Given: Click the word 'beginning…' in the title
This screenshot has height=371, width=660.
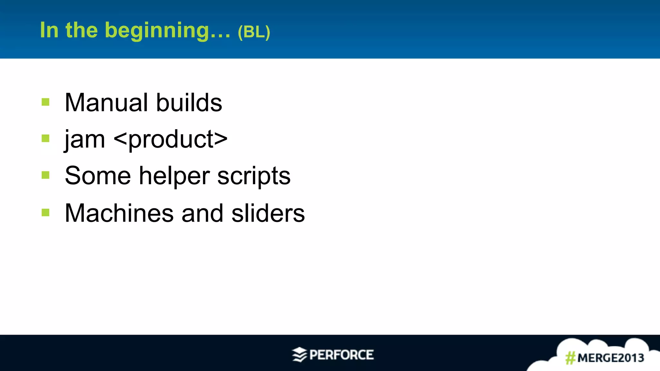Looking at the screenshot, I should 168,31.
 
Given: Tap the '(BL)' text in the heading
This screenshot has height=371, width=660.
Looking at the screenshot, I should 254,32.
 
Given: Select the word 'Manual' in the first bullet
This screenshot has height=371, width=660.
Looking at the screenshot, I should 106,103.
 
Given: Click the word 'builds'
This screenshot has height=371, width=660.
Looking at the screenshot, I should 189,103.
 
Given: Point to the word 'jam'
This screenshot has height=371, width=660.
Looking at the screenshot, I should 85,140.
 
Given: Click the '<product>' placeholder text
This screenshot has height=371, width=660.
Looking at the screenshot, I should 171,140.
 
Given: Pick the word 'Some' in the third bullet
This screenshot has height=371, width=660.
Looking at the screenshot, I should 98,176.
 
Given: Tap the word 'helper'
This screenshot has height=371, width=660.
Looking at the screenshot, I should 174,176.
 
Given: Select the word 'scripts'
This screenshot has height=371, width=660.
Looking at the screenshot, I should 254,176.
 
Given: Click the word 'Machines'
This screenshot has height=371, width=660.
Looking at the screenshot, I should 119,213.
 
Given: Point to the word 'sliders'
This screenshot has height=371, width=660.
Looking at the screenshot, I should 268,213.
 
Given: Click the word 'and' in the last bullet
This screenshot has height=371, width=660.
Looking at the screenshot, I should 202,213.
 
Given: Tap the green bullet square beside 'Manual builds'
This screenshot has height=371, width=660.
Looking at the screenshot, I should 45,102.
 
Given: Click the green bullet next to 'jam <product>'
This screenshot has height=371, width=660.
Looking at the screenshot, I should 45,138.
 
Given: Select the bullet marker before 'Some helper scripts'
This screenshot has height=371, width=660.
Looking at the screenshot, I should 45,175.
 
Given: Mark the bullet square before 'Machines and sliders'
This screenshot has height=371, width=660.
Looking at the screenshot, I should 45,213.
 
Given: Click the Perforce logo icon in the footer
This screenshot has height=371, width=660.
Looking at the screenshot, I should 299,355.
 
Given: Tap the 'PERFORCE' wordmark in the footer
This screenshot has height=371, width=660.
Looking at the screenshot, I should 342,355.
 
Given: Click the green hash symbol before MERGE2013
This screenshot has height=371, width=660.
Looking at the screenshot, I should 570,358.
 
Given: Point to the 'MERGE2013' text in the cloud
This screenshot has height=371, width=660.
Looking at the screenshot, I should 611,358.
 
